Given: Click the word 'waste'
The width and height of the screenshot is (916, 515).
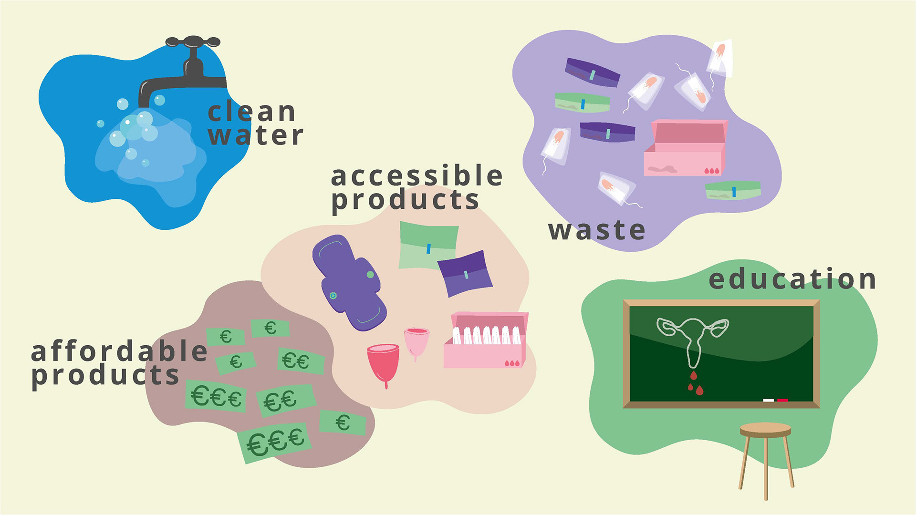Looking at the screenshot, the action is coord(596,231).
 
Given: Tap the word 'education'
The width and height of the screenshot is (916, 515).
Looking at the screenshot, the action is coord(792,279).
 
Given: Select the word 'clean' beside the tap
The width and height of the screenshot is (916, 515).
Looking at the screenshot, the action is coord(252,113).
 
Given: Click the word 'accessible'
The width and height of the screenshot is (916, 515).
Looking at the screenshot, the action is coord(416,176).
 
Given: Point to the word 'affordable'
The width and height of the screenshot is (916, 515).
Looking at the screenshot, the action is coord(119,352).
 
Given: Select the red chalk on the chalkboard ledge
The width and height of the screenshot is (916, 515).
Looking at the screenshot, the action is coord(782,400).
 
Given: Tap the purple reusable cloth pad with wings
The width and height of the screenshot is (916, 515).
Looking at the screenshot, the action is coord(349,282).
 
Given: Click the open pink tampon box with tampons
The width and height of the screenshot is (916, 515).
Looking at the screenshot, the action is coord(486,340).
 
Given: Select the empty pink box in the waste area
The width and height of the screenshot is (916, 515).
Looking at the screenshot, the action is coord(685,148).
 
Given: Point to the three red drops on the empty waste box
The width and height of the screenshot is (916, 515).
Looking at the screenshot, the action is coord(711,170).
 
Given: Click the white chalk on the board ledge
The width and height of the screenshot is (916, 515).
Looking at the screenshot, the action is coord(768,400).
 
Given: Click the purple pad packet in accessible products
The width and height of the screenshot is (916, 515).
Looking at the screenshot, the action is coord(465,273).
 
